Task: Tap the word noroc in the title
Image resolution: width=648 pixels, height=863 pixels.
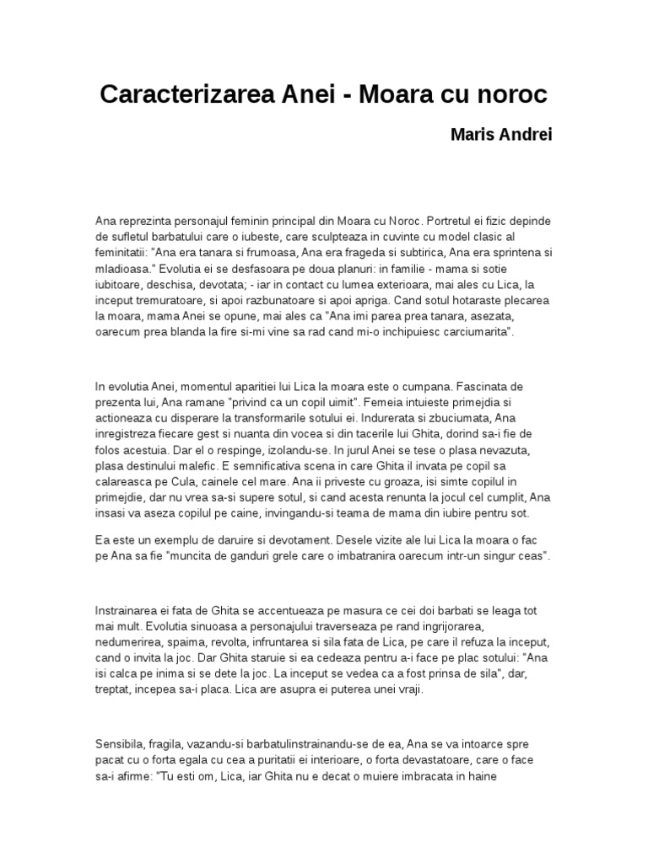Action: (514, 94)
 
